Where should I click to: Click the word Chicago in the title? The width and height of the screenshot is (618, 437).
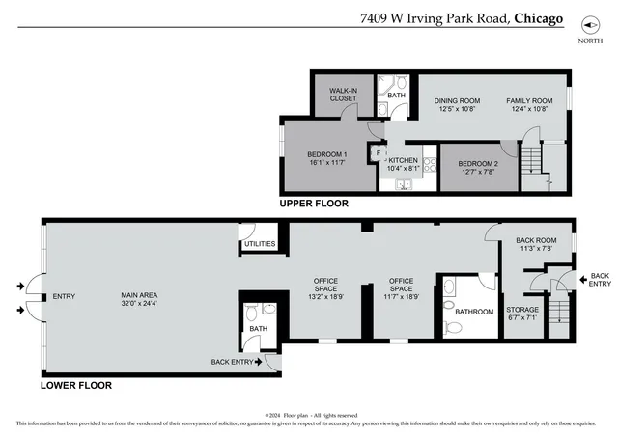tap(539, 17)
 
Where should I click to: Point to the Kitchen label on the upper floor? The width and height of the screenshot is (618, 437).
tap(404, 160)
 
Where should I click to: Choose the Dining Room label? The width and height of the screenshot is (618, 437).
tap(457, 101)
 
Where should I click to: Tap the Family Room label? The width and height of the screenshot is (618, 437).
tap(529, 101)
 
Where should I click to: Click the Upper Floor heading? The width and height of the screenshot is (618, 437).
tap(314, 205)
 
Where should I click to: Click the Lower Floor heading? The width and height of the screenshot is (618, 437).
tap(76, 386)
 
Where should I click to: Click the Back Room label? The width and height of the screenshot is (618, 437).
tap(536, 240)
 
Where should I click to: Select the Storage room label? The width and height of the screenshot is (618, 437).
tap(523, 310)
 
